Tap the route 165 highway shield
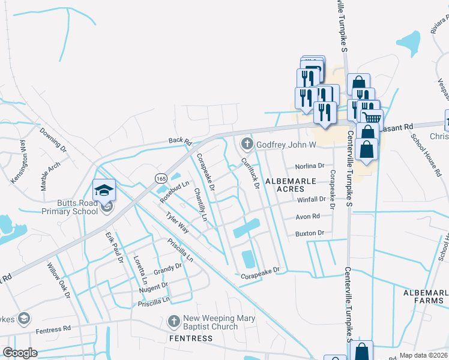[x=160, y=179]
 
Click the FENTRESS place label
[x=190, y=338]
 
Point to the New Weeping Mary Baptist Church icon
[x=175, y=321]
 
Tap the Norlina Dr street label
[x=309, y=166]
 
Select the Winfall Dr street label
[x=311, y=199]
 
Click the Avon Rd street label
[x=308, y=217]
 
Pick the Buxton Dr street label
[x=309, y=233]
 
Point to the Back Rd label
[x=179, y=140]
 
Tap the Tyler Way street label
[x=178, y=223]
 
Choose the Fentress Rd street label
[x=53, y=330]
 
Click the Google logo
[x=20, y=353]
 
